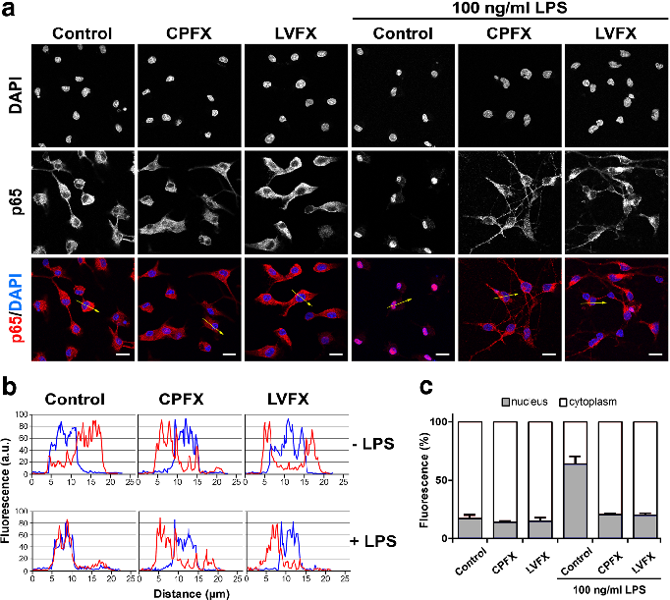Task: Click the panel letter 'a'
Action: [11, 12]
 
